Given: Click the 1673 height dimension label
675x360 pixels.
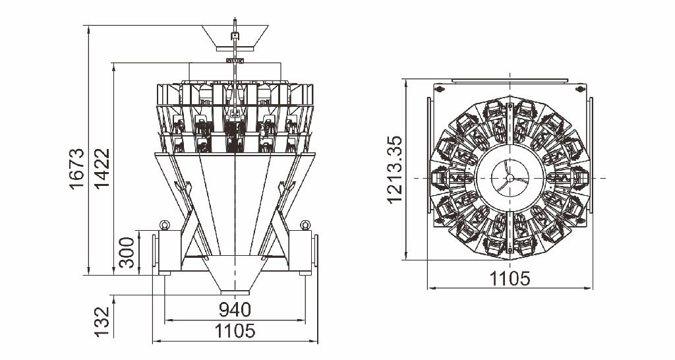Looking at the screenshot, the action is (78, 169).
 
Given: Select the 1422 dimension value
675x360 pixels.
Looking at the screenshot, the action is (102, 169).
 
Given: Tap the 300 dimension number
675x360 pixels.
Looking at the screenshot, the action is (127, 253).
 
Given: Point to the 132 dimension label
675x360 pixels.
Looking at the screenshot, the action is (102, 322).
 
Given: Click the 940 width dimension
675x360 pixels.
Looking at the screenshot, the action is (235, 310).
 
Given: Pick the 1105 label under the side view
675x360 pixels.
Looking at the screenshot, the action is (235, 331).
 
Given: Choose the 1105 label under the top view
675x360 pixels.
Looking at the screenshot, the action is (510, 279).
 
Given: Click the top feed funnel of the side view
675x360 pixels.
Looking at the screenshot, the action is (235, 36).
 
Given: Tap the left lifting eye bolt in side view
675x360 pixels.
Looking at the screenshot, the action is (164, 225).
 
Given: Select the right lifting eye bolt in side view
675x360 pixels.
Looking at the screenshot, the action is (305, 225).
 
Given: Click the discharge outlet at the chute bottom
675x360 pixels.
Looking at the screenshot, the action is (235, 292).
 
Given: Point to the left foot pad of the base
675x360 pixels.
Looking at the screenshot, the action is (165, 273).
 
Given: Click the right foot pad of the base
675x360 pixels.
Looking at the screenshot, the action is (305, 273).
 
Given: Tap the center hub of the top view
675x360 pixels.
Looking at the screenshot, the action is (510, 177).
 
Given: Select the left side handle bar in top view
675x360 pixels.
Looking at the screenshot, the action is (428, 155).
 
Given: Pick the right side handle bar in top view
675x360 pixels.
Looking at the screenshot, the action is (591, 155).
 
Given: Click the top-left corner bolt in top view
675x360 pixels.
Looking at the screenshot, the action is (440, 89).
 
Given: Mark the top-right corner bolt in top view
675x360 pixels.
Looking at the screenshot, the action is (580, 89).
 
